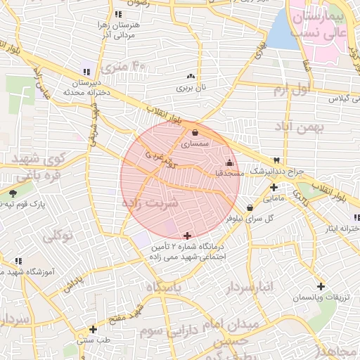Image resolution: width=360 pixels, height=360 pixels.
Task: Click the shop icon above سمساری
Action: click(195, 131)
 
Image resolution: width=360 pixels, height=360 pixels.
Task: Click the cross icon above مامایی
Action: click(274, 187)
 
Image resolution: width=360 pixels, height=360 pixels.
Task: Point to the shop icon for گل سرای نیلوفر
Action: click(250, 207)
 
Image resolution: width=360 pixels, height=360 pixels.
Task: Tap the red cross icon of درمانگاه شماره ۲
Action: click(186, 236)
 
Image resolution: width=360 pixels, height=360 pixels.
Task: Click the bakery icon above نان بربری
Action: click(190, 76)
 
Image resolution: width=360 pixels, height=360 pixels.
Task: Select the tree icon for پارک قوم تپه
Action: click(13, 193)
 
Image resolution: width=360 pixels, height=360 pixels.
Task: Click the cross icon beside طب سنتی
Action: click(93, 328)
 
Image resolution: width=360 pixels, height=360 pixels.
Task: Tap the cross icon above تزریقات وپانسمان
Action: click(321, 286)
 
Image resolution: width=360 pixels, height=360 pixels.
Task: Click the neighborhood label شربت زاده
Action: click(151, 202)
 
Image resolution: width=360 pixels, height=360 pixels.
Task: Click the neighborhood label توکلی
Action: click(58, 236)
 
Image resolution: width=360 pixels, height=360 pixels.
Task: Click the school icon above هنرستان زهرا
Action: click(118, 14)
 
